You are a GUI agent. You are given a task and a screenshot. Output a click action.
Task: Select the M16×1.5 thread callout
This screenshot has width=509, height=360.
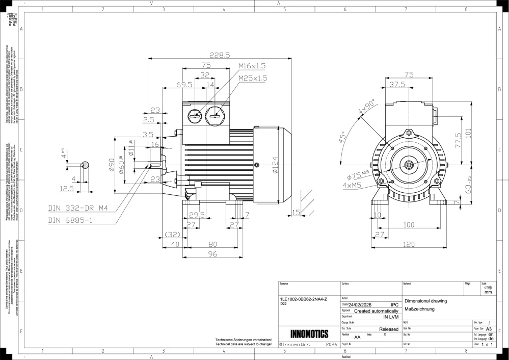click(252, 66)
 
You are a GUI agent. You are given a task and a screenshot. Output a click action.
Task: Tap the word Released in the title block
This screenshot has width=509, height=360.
click(389, 329)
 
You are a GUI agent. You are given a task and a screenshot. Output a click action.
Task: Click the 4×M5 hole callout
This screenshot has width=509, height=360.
click(352, 185)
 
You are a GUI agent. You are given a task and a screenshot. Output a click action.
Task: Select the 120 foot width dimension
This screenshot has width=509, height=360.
click(409, 245)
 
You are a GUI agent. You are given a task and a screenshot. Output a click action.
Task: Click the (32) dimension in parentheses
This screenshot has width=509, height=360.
click(173, 235)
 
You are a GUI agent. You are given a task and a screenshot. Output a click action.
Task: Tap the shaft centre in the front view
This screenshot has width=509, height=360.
click(408, 165)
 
